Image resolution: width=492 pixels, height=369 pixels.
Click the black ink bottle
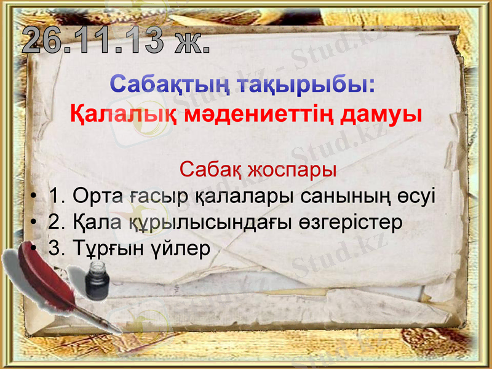tap(97, 280)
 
